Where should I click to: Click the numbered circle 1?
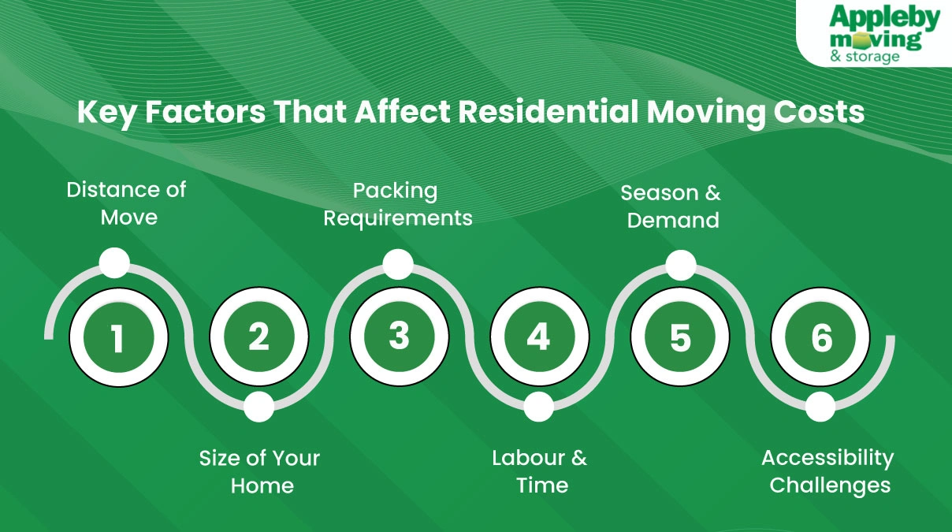118,337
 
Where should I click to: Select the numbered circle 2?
258,337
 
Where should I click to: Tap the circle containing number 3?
399,337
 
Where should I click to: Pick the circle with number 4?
539,337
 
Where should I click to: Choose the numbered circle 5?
679,337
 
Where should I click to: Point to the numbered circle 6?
820,337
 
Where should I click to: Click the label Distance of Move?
126,203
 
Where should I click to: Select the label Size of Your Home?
260,471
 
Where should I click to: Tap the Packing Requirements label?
398,204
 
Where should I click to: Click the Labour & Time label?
541,471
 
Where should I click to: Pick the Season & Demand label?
672,206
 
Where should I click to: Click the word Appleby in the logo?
885,18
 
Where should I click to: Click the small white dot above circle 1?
115,263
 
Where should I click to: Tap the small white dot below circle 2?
258,407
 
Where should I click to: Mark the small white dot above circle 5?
681,265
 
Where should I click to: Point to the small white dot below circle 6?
820,407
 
